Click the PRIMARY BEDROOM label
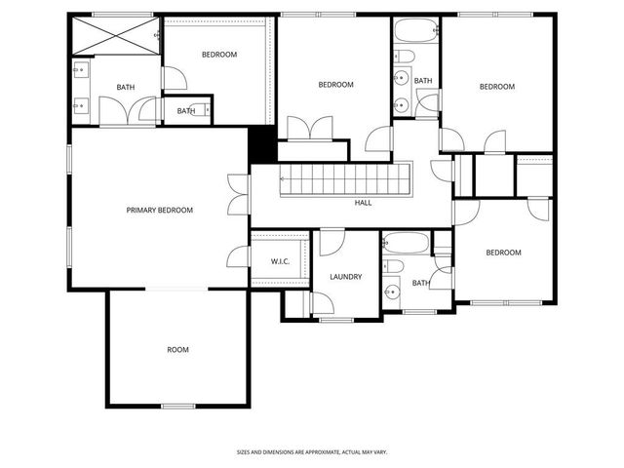tap(159, 210)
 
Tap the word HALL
tap(363, 203)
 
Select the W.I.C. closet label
tap(280, 261)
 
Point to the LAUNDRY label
tap(345, 277)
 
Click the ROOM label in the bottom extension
tap(177, 349)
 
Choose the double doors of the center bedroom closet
tap(311, 129)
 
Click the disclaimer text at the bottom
tap(312, 451)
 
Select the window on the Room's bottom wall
tap(177, 405)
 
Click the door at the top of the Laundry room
tap(332, 240)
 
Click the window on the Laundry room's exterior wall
tap(336, 319)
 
